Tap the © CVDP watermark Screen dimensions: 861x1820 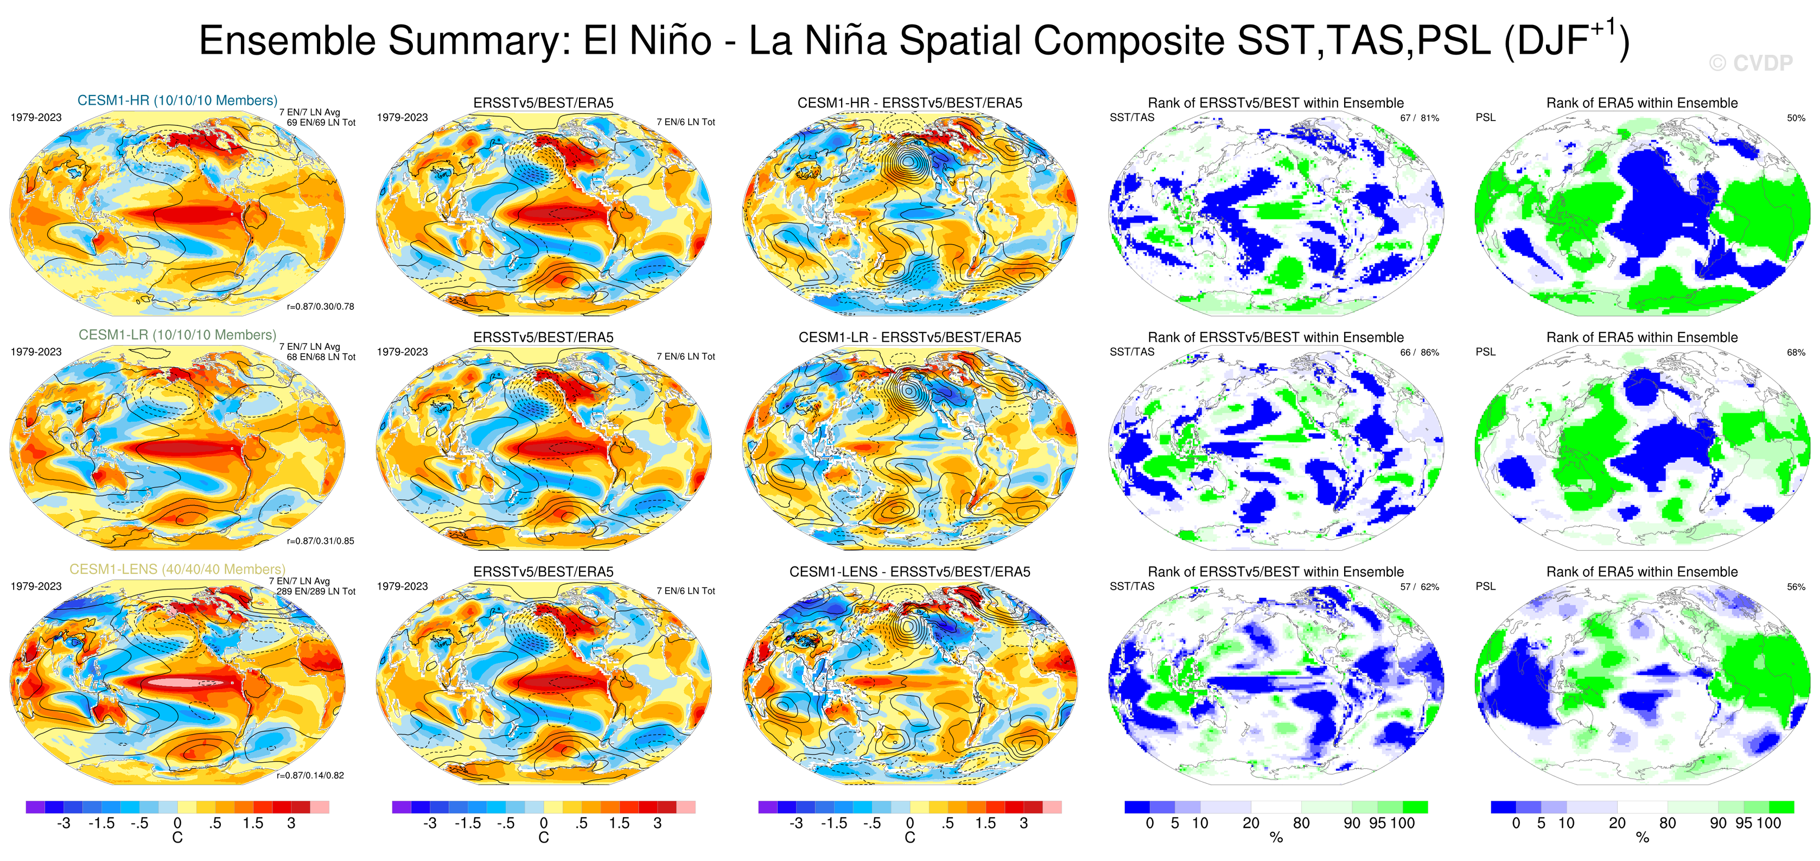[1751, 63]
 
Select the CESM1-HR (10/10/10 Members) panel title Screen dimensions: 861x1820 [177, 100]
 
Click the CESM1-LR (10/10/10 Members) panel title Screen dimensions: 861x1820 [177, 335]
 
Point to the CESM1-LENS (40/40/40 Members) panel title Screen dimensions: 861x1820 [177, 569]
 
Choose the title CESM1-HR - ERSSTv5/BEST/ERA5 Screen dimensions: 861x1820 [909, 103]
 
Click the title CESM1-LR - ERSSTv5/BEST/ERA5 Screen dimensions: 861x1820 [909, 337]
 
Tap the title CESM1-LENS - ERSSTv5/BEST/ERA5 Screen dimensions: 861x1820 [909, 572]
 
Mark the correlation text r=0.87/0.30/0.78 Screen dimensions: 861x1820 [321, 307]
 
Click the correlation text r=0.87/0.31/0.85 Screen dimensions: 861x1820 [321, 541]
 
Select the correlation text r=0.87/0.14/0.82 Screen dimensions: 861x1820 [310, 775]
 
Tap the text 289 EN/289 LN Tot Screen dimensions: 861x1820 [316, 592]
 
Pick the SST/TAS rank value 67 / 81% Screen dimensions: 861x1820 [1420, 118]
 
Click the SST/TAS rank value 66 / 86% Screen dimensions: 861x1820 [1420, 353]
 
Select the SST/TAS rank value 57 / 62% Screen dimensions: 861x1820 [1420, 587]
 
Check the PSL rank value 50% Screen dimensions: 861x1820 [1796, 118]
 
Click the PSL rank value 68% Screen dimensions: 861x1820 [1796, 353]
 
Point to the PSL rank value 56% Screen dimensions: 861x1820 [1796, 587]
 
